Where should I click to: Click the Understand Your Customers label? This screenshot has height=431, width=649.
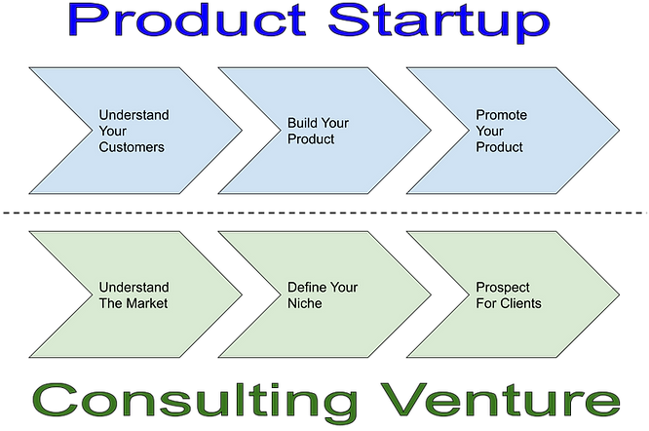[x=134, y=132]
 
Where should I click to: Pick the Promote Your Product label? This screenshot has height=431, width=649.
[x=501, y=132]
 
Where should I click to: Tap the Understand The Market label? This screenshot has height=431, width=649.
[x=134, y=295]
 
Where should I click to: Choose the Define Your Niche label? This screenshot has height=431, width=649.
[x=322, y=295]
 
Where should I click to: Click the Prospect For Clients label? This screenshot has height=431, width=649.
[x=509, y=295]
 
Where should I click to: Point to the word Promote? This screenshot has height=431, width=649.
[x=501, y=115]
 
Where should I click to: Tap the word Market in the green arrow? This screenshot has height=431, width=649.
[x=145, y=303]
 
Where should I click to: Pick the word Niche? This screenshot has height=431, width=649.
[x=305, y=303]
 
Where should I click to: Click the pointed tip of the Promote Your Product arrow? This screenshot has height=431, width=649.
[x=618, y=131]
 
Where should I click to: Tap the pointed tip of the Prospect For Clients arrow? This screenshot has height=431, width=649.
[x=618, y=294]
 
